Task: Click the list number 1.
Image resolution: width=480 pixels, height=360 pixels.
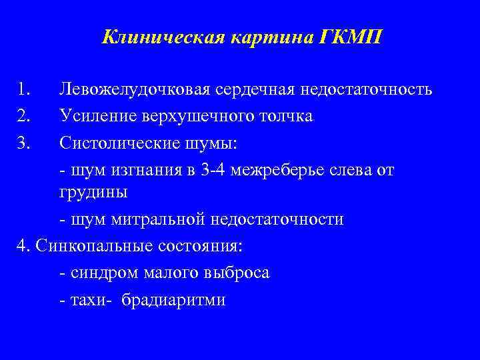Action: (25, 89)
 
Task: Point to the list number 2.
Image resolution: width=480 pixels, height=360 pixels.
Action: (25, 115)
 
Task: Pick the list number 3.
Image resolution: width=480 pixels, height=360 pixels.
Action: (25, 141)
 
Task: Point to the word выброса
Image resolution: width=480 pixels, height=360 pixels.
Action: (235, 273)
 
